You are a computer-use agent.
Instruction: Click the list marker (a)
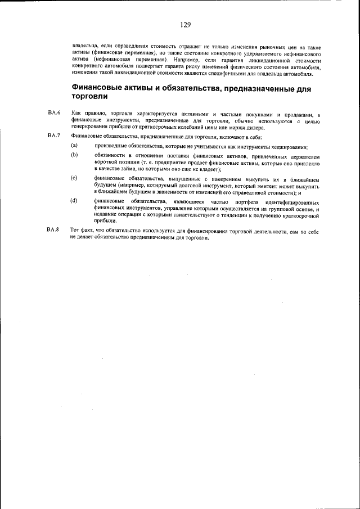(74, 146)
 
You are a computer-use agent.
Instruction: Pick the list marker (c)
(74, 178)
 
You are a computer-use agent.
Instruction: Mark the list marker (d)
(74, 201)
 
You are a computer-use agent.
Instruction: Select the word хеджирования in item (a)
(287, 147)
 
